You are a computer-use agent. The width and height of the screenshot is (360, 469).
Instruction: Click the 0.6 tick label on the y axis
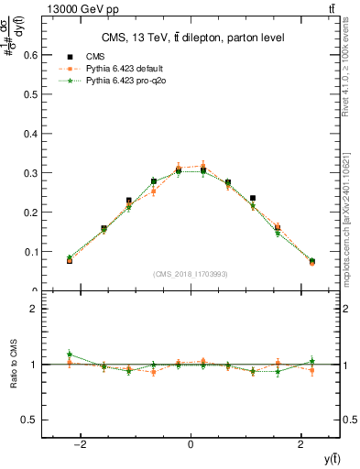(30, 55)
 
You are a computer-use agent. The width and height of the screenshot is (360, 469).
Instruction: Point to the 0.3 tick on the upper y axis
(30, 173)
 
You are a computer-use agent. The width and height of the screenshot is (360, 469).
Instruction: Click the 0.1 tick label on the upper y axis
(30, 252)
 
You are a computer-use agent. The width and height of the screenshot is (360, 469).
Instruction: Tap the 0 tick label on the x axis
(191, 444)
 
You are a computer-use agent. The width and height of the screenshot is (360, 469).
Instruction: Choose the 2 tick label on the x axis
(301, 444)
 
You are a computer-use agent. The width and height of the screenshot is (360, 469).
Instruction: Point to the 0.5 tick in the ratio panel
(30, 420)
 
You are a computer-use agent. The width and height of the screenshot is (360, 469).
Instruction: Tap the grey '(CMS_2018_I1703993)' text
(191, 274)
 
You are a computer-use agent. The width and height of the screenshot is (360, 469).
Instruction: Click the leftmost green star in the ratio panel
(70, 354)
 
